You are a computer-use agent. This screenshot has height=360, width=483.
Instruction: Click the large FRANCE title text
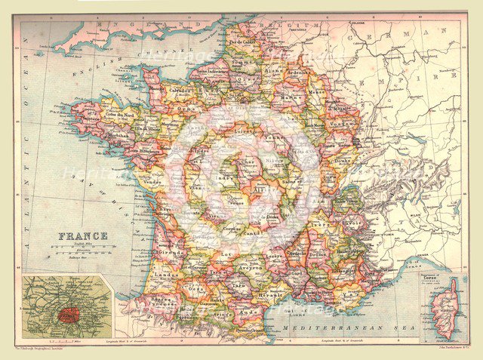pos(83,235)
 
